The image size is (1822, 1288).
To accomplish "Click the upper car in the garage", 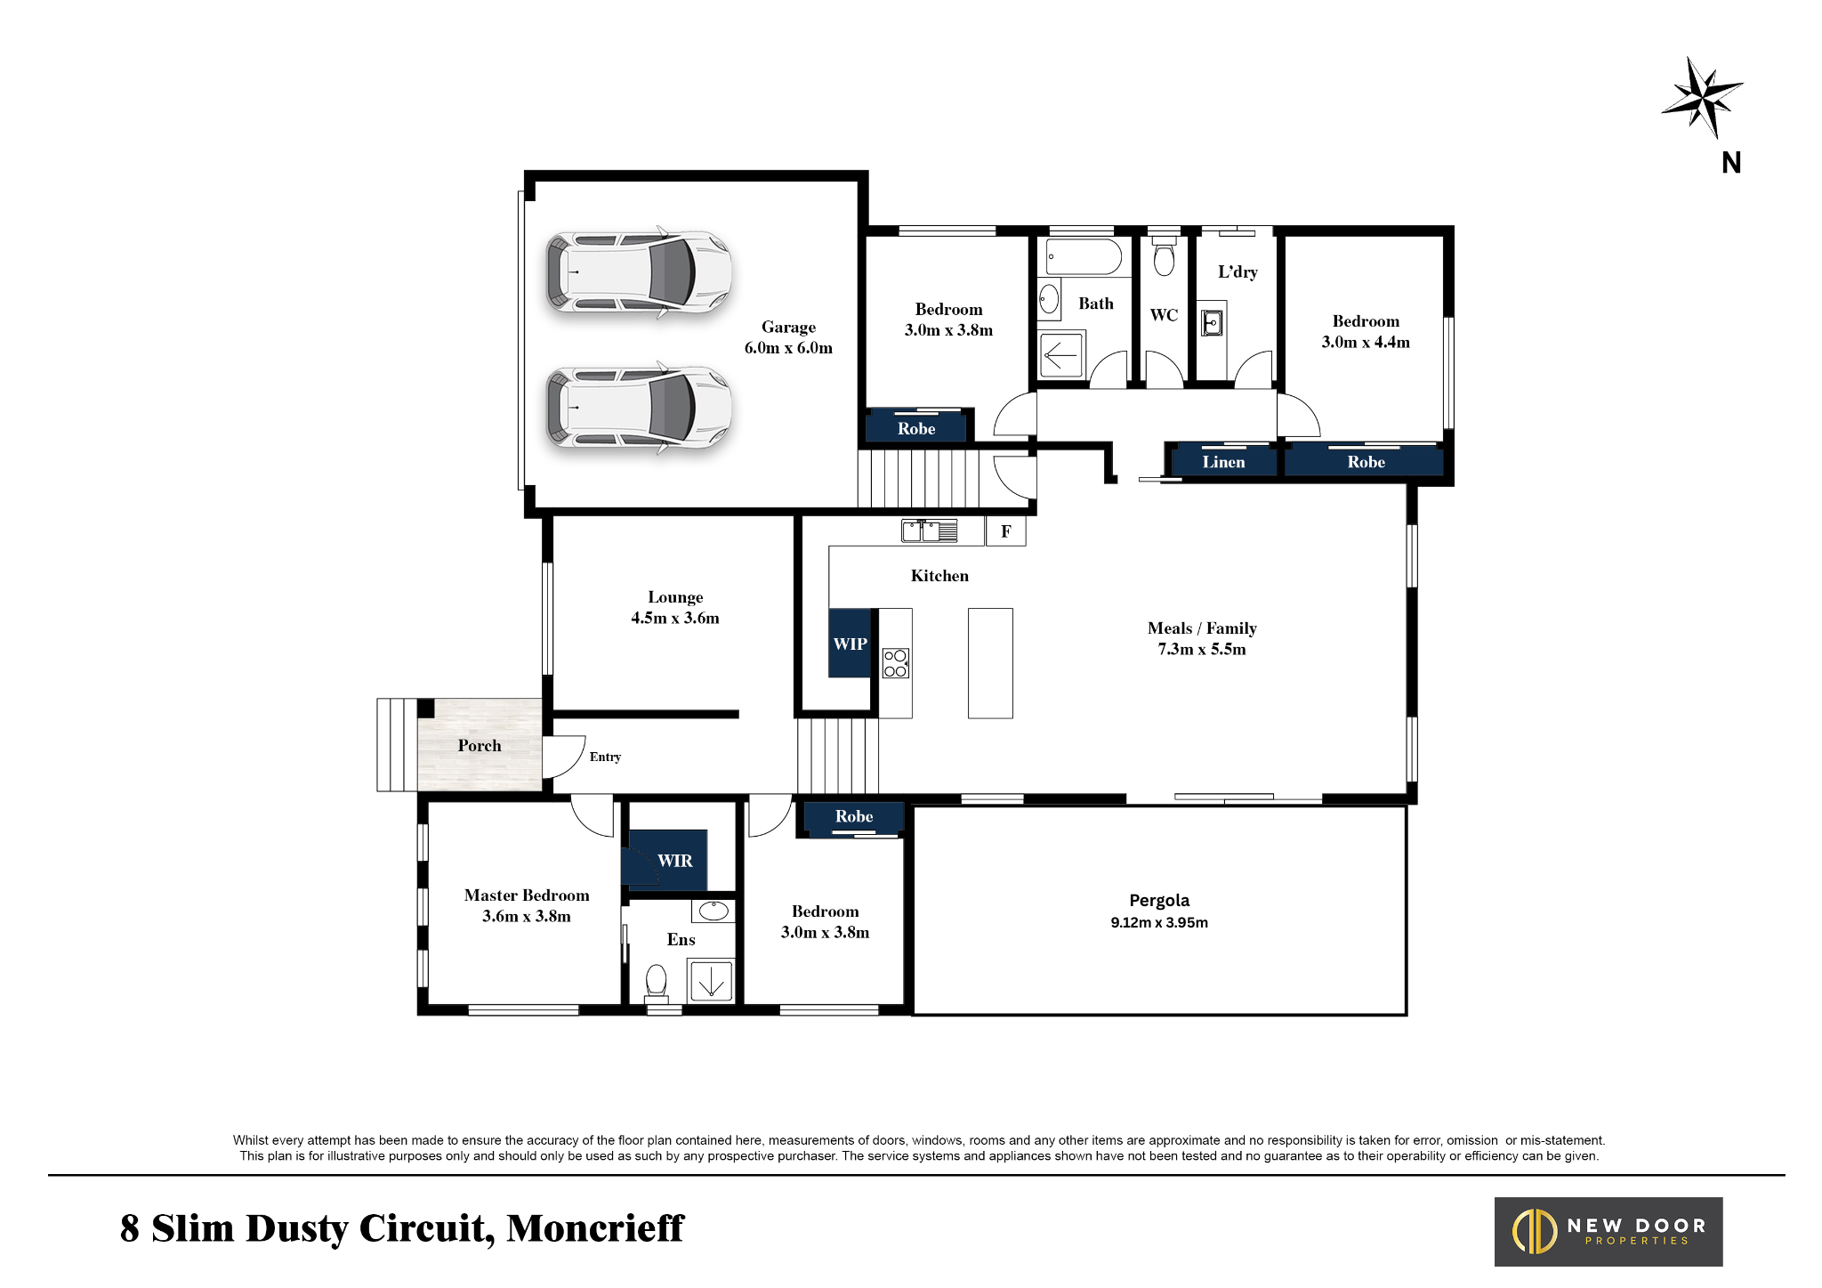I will pyautogui.click(x=638, y=271).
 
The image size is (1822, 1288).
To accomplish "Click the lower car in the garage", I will pyautogui.click(x=638, y=408).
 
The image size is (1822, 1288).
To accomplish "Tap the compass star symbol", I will pyautogui.click(x=1702, y=97).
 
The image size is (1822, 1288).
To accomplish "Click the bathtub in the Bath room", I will pyautogui.click(x=1084, y=256).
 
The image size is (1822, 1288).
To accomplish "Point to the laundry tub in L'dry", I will pyautogui.click(x=1212, y=321).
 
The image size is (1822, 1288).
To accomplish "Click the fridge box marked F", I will pyautogui.click(x=1005, y=531).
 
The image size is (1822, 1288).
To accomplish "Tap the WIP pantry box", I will pyautogui.click(x=850, y=644).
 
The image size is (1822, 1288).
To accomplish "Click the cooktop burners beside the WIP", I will pyautogui.click(x=895, y=663).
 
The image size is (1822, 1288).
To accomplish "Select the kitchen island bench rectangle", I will pyautogui.click(x=990, y=663).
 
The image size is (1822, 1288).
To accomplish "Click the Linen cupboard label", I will pyautogui.click(x=1223, y=462).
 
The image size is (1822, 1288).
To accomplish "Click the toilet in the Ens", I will pyautogui.click(x=657, y=981).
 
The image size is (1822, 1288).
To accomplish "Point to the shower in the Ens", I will pyautogui.click(x=712, y=981).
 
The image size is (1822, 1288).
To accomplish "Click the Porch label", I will pyautogui.click(x=480, y=746).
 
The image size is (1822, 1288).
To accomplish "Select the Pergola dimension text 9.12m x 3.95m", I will pyautogui.click(x=1159, y=923).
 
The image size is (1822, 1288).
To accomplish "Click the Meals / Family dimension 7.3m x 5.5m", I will pyautogui.click(x=1201, y=650).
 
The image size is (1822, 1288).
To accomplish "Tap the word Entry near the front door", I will pyautogui.click(x=605, y=757).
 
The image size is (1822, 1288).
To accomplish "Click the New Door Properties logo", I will pyautogui.click(x=1608, y=1232).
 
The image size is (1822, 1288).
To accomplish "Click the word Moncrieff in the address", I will pyautogui.click(x=594, y=1228).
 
